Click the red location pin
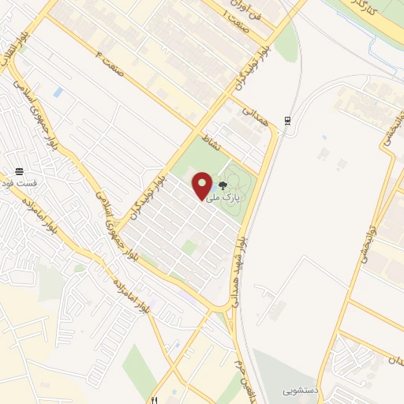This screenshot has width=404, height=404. click(x=203, y=185)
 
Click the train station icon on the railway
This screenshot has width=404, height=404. click(x=288, y=121)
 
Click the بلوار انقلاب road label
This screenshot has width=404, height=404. click(x=17, y=58)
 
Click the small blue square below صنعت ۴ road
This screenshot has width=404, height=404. click(x=58, y=93)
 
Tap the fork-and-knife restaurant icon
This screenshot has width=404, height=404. click(x=158, y=399)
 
